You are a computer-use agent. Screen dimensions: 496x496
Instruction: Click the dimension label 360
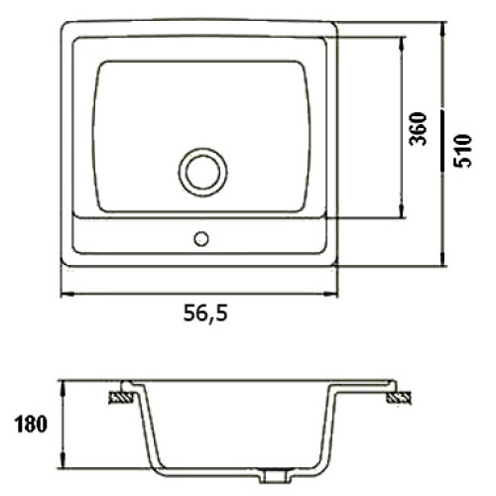[x=418, y=129]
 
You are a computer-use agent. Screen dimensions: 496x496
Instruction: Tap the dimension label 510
[x=462, y=151]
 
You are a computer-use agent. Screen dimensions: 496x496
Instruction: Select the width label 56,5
[x=205, y=312]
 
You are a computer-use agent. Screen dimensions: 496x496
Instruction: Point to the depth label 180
[x=31, y=424]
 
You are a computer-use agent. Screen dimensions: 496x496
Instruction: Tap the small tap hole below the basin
[x=201, y=239]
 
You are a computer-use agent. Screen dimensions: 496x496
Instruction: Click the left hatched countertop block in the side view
[x=121, y=397]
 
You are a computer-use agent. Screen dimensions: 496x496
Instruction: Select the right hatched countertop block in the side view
[x=399, y=397]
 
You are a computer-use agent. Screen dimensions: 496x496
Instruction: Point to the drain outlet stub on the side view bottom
[x=275, y=477]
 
